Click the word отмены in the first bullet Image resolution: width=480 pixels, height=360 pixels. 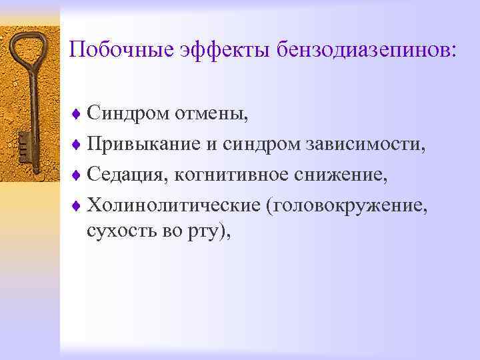pos(211,114)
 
